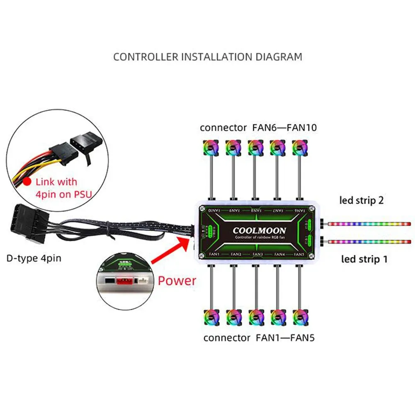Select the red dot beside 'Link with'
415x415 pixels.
(x=27, y=182)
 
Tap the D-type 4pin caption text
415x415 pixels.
(x=34, y=258)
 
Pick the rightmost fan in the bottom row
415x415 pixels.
(x=301, y=317)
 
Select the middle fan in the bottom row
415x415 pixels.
(x=256, y=317)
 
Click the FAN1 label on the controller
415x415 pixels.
(x=214, y=253)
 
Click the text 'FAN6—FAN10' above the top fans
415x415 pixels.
(x=284, y=128)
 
